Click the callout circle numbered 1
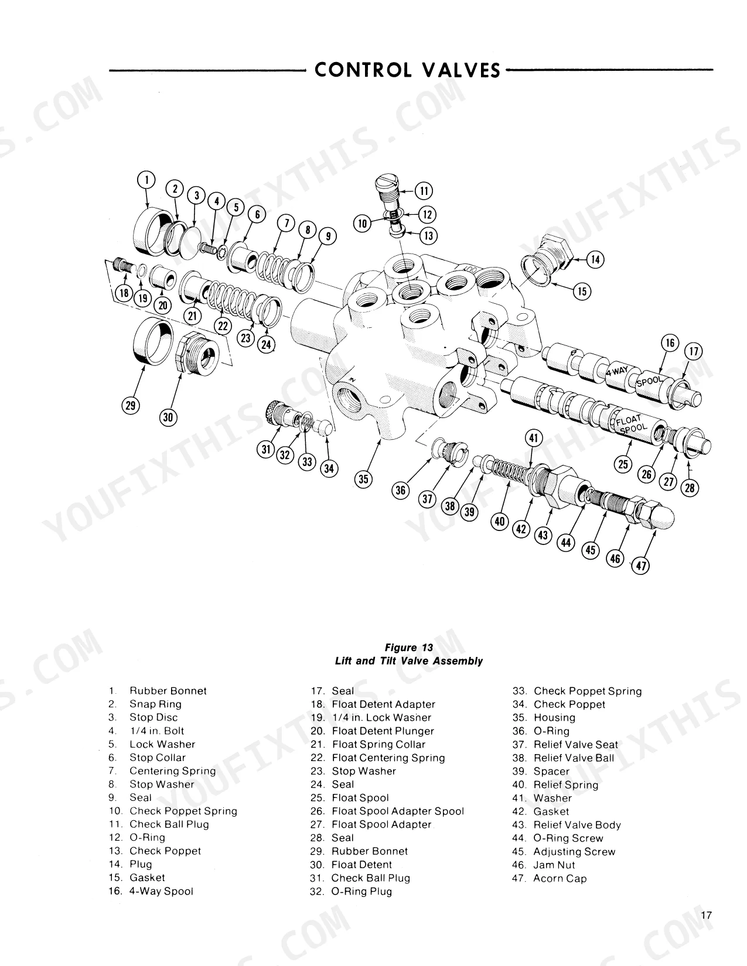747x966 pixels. [x=146, y=180]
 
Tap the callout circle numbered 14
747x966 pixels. [x=595, y=259]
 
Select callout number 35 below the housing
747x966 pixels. [x=363, y=479]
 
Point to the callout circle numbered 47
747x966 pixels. [x=641, y=566]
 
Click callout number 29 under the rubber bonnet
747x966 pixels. [x=130, y=405]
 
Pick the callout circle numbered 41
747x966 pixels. [x=533, y=439]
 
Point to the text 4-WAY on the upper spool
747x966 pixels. [x=617, y=371]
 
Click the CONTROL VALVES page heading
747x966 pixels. [x=408, y=70]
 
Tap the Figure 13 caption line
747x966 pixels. [x=408, y=648]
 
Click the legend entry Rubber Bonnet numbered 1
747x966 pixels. [x=158, y=691]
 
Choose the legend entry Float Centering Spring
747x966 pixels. [x=378, y=758]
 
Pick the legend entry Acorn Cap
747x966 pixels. [x=550, y=878]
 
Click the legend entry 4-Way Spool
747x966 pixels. [x=151, y=891]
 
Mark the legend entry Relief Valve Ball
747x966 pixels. [x=563, y=758]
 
